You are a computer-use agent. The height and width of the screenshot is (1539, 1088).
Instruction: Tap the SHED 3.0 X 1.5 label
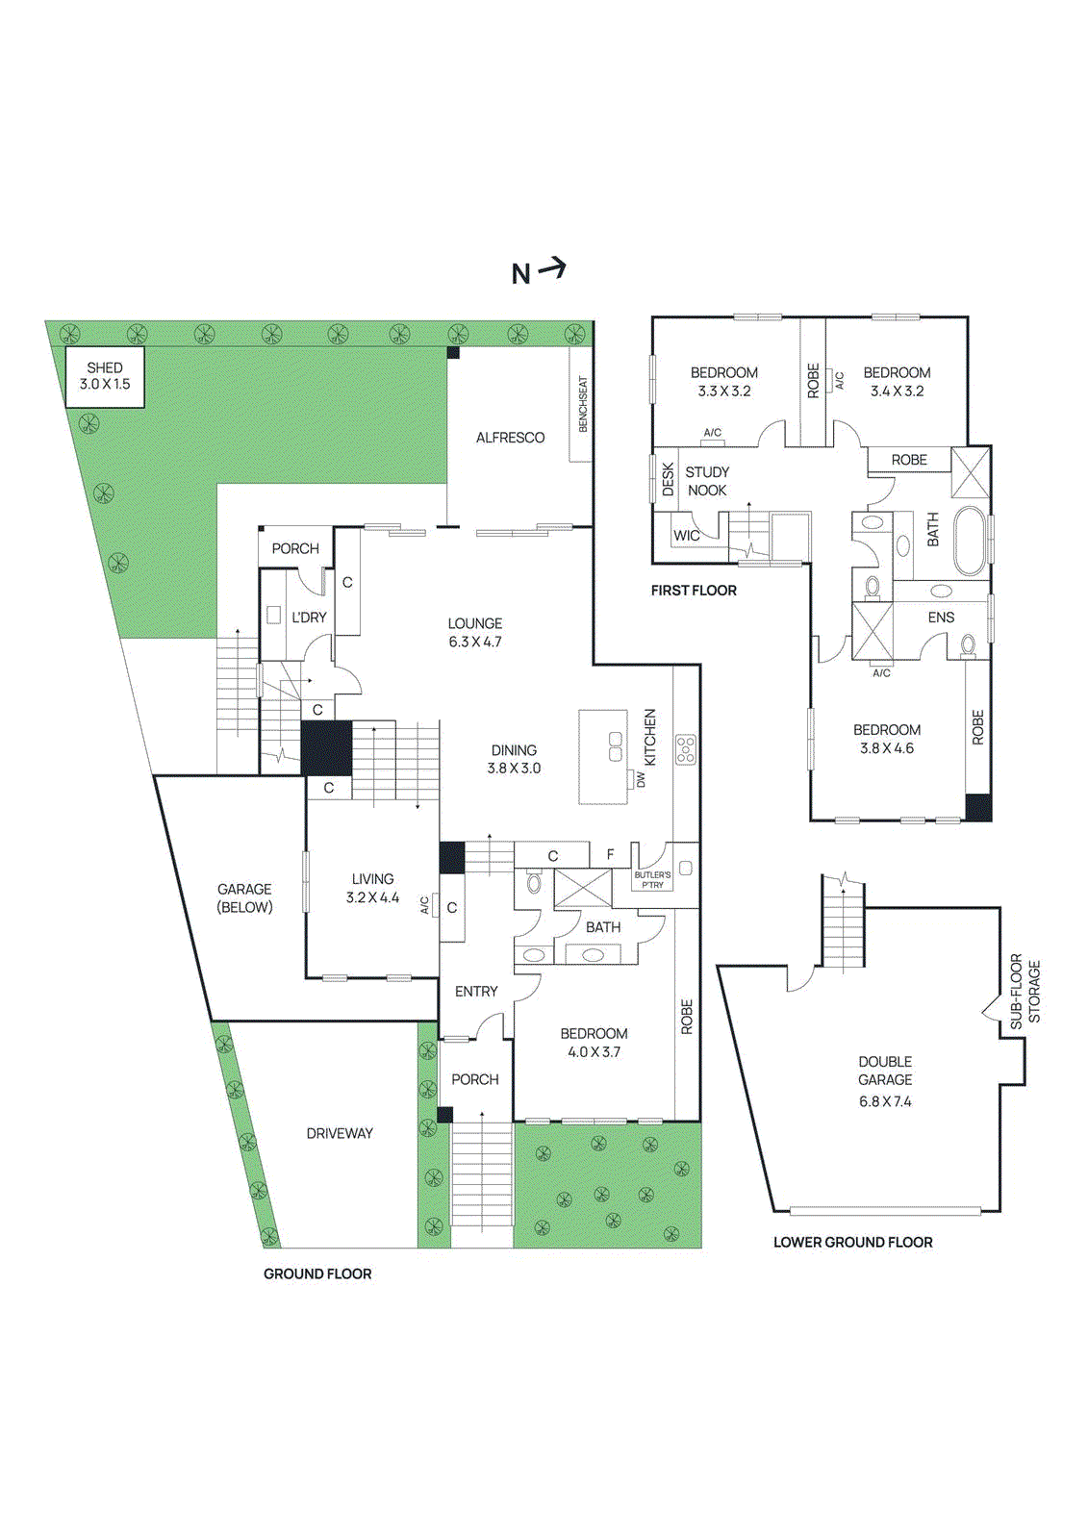pyautogui.click(x=104, y=376)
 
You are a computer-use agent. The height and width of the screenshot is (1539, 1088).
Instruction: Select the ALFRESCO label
pyautogui.click(x=510, y=438)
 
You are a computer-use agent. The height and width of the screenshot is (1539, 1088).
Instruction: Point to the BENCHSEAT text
pyautogui.click(x=582, y=404)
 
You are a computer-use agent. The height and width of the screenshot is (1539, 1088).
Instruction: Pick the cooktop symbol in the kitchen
pyautogui.click(x=685, y=749)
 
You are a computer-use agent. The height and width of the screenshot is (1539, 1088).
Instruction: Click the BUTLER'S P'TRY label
pyautogui.click(x=652, y=880)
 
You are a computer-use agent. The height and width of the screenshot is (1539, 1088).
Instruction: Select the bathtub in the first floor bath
pyautogui.click(x=970, y=541)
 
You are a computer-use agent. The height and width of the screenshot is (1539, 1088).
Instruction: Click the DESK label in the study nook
pyautogui.click(x=668, y=480)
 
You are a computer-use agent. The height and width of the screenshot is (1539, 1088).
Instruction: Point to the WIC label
pyautogui.click(x=686, y=536)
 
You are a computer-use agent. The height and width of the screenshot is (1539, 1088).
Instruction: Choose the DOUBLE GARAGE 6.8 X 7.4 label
pyautogui.click(x=885, y=1081)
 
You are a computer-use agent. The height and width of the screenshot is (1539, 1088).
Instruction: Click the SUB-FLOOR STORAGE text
pyautogui.click(x=1025, y=992)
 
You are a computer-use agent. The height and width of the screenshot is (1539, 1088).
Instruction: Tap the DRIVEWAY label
pyautogui.click(x=340, y=1133)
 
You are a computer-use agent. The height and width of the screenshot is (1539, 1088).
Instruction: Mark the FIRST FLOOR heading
pyautogui.click(x=694, y=591)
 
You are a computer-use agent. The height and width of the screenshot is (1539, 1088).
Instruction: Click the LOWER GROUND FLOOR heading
pyautogui.click(x=852, y=1242)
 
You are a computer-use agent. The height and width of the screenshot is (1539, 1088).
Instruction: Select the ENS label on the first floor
pyautogui.click(x=941, y=618)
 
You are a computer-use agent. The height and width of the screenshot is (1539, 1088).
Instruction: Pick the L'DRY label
pyautogui.click(x=309, y=618)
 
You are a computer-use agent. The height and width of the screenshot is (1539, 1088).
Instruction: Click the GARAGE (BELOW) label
pyautogui.click(x=244, y=898)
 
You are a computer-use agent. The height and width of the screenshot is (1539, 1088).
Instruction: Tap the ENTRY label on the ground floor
pyautogui.click(x=476, y=991)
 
